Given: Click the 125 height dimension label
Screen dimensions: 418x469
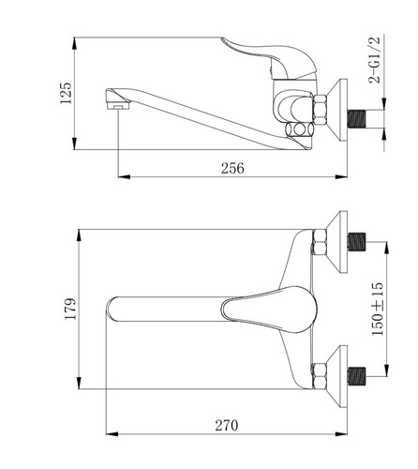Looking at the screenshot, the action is (x=66, y=93).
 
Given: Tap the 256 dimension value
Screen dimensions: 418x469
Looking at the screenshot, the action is (x=232, y=168).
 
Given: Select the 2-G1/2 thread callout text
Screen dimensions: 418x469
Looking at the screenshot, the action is (x=375, y=60).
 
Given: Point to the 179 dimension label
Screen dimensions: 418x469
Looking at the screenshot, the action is (x=70, y=309).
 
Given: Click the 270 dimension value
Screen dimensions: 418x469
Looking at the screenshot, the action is (x=227, y=425).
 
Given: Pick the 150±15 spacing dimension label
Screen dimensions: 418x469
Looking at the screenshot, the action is (x=378, y=309).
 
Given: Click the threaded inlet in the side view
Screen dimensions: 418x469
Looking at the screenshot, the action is (x=356, y=119).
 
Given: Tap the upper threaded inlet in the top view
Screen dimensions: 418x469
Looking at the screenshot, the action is (x=356, y=242).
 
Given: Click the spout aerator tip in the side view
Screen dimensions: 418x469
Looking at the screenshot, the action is (x=118, y=106).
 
